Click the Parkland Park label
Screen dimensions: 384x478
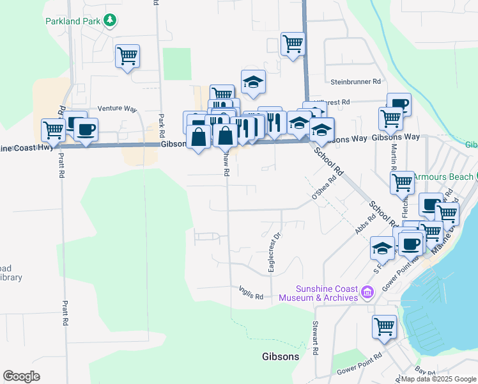(x=73, y=21)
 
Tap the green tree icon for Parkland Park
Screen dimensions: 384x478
(x=111, y=21)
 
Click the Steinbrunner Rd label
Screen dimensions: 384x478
(x=355, y=82)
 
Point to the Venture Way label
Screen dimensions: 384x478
(x=117, y=109)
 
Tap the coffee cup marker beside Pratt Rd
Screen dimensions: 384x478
(x=86, y=129)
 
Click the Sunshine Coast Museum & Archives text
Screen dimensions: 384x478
(x=326, y=292)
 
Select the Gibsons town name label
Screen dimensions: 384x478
(x=281, y=356)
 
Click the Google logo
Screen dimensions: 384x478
(x=21, y=376)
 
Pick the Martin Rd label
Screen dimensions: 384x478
(x=394, y=153)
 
